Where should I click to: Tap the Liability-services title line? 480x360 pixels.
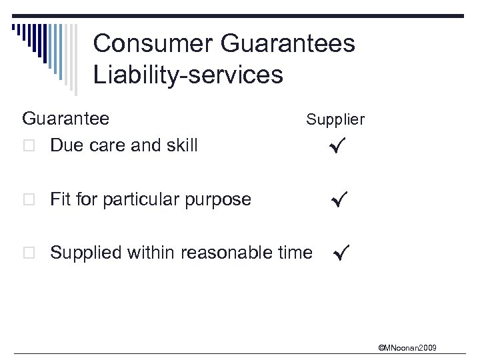(x=188, y=75)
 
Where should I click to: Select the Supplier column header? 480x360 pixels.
(x=335, y=120)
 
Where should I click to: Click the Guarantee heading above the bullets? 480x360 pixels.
(x=65, y=119)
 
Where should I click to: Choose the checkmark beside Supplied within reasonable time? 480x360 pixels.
(x=341, y=253)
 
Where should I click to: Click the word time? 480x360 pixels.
(x=297, y=253)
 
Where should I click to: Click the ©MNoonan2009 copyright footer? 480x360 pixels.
(x=407, y=347)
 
